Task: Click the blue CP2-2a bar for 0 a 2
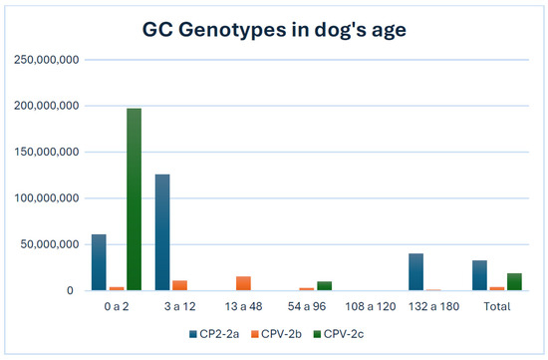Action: click(99, 262)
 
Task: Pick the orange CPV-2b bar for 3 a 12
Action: click(179, 285)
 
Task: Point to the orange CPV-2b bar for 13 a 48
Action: click(243, 283)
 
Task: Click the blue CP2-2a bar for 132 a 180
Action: click(415, 271)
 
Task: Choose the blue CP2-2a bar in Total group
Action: click(479, 275)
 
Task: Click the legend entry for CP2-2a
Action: click(216, 333)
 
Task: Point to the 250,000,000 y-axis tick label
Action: click(48, 59)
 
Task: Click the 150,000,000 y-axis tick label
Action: click(48, 152)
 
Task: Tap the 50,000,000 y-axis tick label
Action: click(51, 244)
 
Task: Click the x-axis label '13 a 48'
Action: click(242, 306)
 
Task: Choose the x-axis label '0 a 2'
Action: click(116, 306)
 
